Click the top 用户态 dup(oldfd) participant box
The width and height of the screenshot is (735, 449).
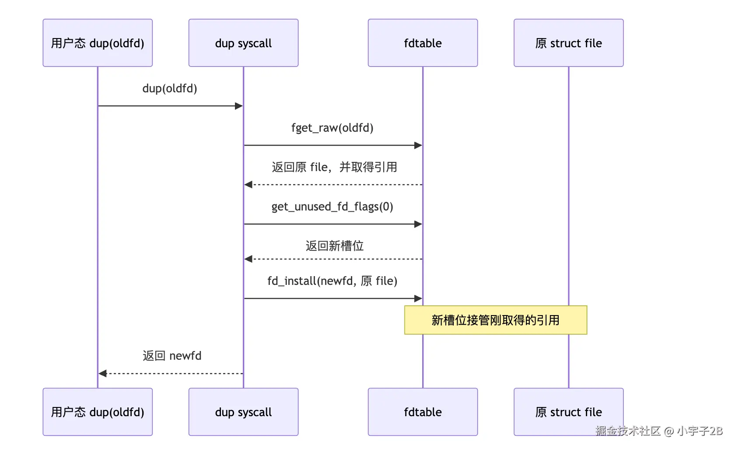pos(98,43)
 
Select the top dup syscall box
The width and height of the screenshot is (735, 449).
pos(243,43)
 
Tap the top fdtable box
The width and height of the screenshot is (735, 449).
pos(423,43)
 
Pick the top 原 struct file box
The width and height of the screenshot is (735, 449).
pos(569,43)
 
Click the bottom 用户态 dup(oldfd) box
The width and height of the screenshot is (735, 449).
pos(98,412)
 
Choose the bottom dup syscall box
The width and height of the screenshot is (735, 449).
pos(243,412)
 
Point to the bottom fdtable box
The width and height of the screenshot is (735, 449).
pos(423,412)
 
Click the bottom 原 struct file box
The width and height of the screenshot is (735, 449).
pos(569,412)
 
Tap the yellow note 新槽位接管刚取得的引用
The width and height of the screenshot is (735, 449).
pos(495,320)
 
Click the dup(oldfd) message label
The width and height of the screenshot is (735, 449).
pos(170,88)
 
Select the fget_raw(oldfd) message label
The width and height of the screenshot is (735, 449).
pos(332,128)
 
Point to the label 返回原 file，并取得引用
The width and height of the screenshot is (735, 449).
pos(334,167)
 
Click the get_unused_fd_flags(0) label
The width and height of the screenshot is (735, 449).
pos(332,207)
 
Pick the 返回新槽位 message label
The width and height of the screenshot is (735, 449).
pos(335,246)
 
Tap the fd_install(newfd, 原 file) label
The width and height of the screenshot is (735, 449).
pos(332,281)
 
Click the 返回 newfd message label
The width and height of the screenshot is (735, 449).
pos(172,356)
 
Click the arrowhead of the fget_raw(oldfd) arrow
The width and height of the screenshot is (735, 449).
pos(418,145)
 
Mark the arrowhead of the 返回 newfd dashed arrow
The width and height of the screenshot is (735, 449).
pos(102,374)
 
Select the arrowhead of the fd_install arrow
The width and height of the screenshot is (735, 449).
pos(418,298)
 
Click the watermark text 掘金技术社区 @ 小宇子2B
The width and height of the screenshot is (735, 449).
pos(659,431)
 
